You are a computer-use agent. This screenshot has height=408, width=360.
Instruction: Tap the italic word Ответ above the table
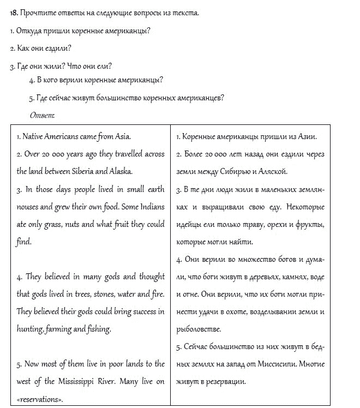point(41,115)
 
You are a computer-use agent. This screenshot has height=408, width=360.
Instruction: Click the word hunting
point(28,329)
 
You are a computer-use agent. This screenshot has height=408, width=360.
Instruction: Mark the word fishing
point(98,329)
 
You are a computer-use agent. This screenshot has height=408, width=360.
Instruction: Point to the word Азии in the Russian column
point(307,136)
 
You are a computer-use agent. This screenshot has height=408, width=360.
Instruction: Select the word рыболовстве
point(199,329)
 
